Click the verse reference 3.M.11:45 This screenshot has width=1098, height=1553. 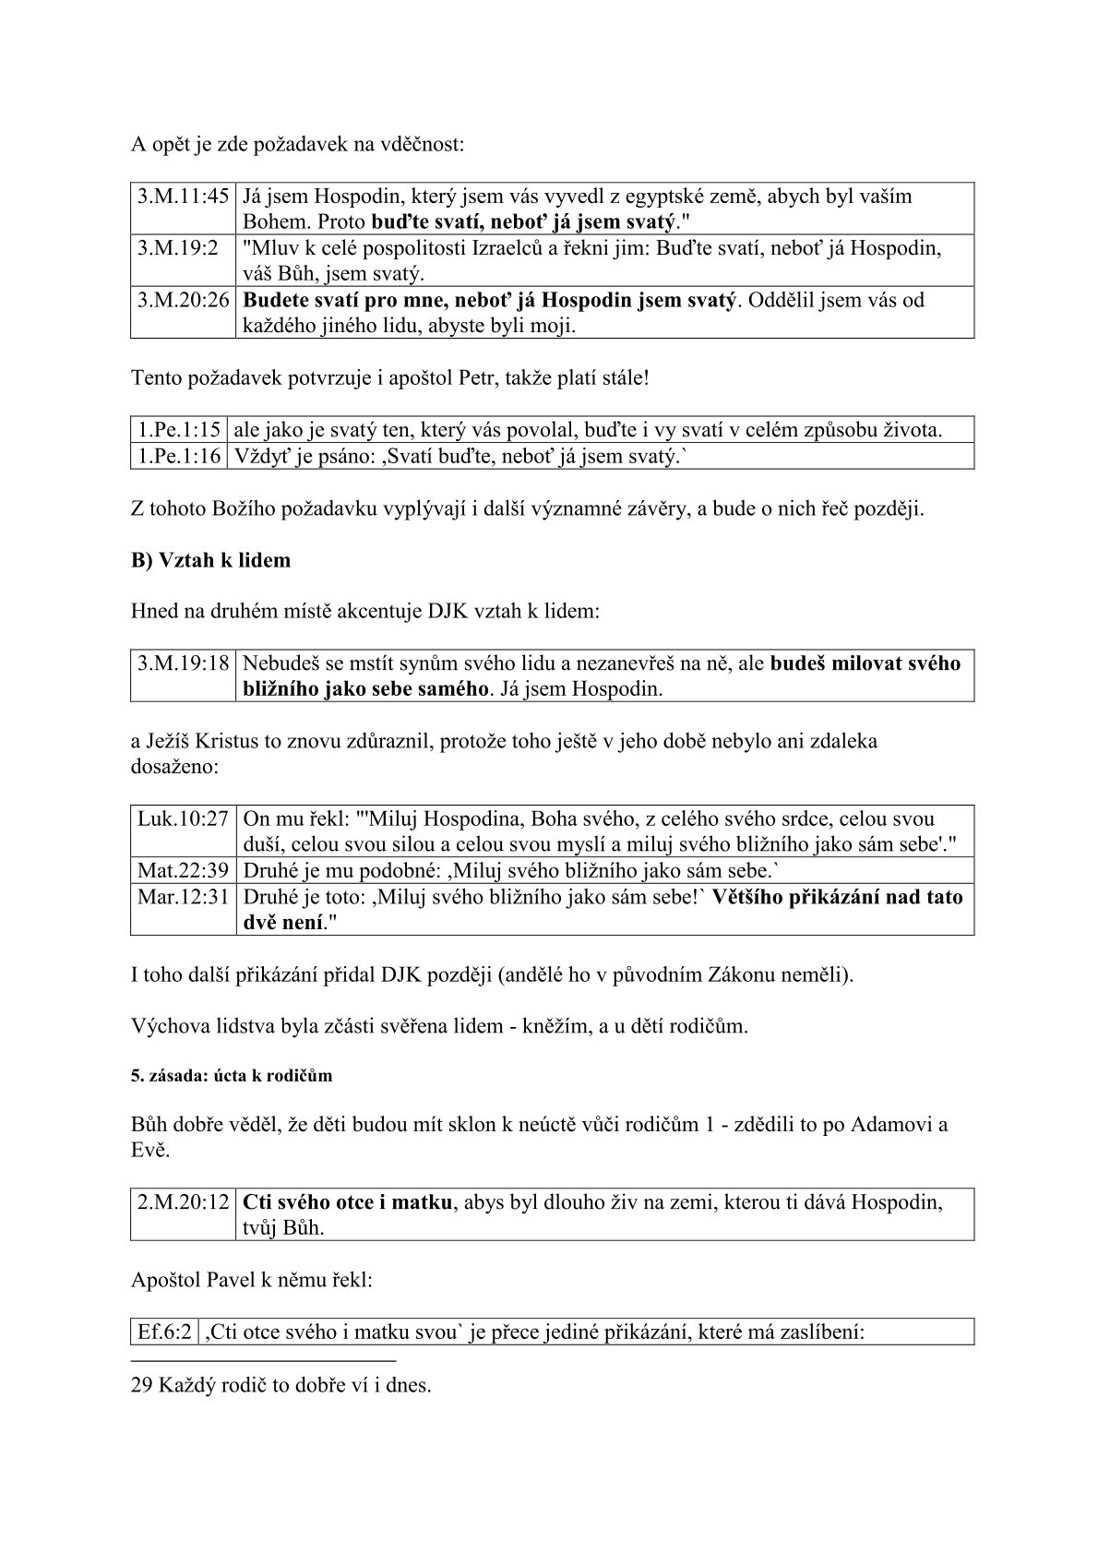click(184, 197)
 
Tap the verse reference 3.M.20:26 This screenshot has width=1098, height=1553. click(184, 300)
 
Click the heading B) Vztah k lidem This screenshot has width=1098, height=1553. click(210, 560)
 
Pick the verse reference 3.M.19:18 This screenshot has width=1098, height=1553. click(184, 663)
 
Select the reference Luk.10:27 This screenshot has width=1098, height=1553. click(183, 818)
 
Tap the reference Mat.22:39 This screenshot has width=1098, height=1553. click(183, 870)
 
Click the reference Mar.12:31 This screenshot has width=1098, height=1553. click(183, 897)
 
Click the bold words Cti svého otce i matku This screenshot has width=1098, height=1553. click(347, 1202)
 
